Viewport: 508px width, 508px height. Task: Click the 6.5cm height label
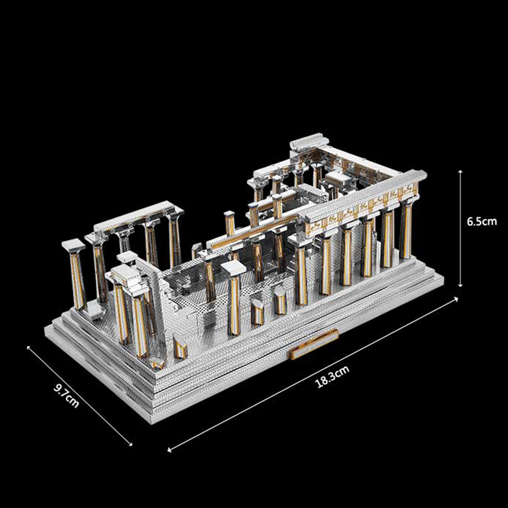coord(481,222)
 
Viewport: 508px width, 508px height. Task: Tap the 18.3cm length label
coord(332,376)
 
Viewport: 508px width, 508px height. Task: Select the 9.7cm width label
coord(67,395)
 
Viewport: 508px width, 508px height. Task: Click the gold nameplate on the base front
coord(314,344)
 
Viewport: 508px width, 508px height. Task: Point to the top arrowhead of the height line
coord(460,171)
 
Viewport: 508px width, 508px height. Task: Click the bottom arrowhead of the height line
coord(460,285)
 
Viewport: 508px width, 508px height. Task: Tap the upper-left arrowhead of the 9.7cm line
coord(28,347)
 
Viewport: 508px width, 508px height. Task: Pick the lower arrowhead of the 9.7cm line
coord(130,444)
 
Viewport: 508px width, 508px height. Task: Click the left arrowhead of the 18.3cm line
coord(170,450)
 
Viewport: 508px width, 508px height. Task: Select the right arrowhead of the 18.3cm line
coord(456,298)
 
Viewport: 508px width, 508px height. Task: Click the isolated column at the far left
coord(76,276)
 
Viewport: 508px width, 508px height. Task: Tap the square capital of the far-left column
coord(74,246)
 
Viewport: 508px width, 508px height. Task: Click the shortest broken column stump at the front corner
coord(157,363)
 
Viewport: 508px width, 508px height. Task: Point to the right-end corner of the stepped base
coord(443,277)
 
